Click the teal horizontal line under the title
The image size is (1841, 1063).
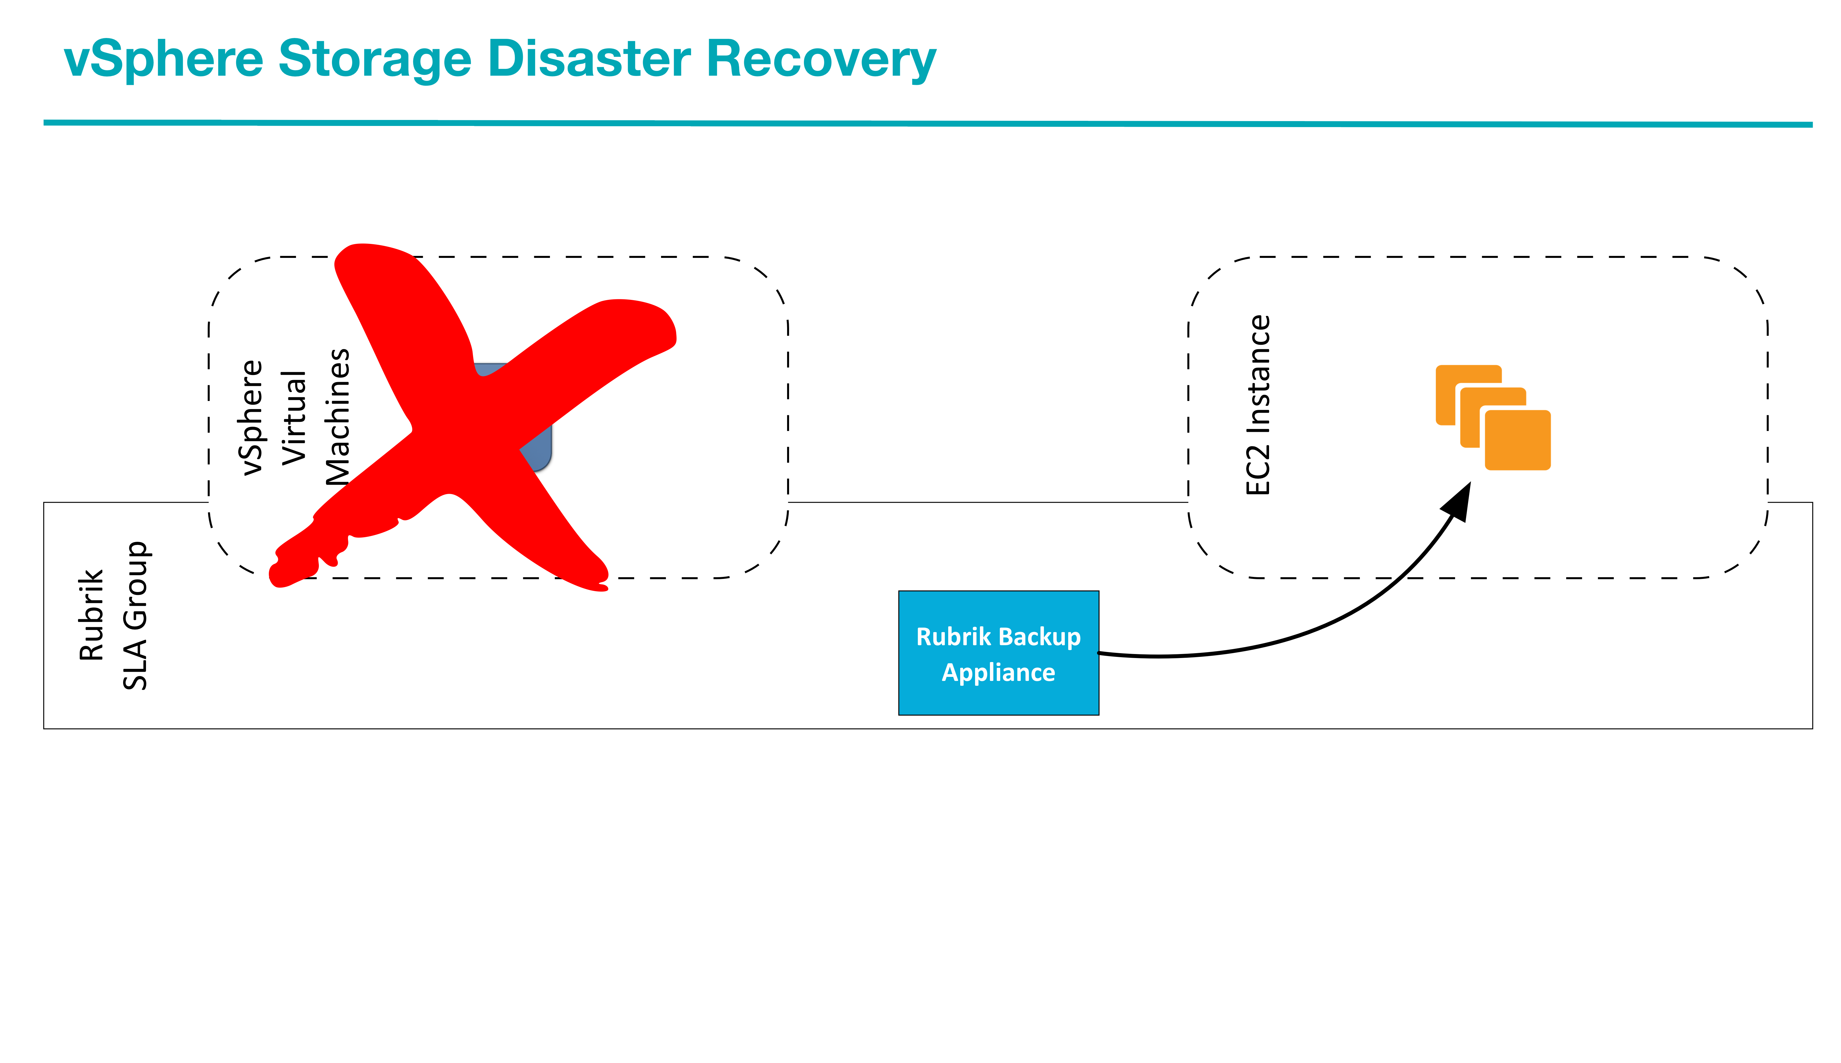927,123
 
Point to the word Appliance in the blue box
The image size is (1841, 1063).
998,672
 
